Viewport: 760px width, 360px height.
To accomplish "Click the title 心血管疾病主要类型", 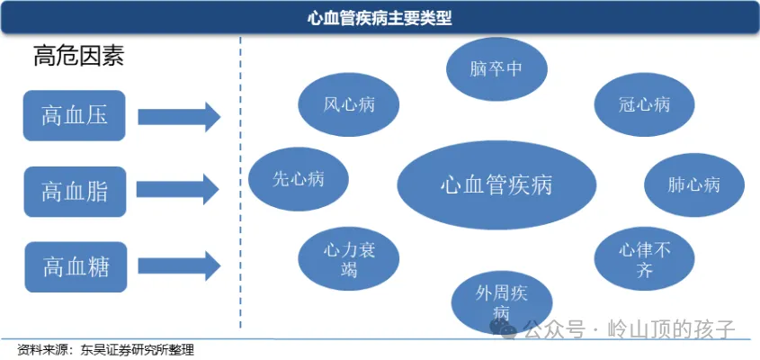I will click(380, 17).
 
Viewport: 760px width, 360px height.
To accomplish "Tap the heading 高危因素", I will click(78, 57).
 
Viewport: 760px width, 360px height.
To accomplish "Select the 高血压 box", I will click(75, 115).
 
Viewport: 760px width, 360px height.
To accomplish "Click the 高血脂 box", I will click(75, 190).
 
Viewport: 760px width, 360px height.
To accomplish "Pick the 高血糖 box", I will click(75, 266).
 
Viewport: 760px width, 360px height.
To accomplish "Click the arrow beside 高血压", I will click(179, 116).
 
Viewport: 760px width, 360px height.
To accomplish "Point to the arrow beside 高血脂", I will click(179, 190).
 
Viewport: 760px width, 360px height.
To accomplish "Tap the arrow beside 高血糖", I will click(179, 266).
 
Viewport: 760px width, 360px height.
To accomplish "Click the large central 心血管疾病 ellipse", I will click(496, 185).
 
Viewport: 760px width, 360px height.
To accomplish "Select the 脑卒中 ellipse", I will click(496, 68).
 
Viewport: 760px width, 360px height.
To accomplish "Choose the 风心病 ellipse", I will click(349, 104).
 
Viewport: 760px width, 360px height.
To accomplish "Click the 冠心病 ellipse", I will click(644, 104).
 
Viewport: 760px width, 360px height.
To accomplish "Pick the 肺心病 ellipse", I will click(693, 185).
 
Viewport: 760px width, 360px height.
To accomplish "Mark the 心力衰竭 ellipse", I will click(349, 259).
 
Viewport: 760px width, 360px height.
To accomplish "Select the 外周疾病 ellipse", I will click(500, 301).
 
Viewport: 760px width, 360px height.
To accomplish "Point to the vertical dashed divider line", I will click(240, 180).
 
